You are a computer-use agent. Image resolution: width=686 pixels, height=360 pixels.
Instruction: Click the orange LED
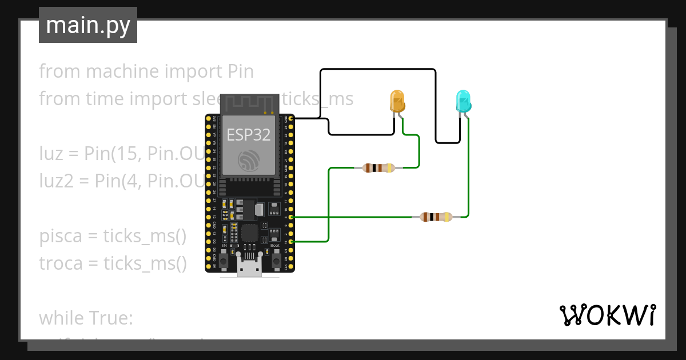(397, 101)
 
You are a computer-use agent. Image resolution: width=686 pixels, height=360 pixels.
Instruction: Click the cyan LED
(463, 101)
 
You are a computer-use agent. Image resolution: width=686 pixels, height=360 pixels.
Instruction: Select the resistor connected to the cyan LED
(436, 217)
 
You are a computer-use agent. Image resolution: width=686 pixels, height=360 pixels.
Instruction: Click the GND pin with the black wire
(292, 118)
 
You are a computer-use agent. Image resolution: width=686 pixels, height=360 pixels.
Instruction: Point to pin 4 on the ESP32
(292, 217)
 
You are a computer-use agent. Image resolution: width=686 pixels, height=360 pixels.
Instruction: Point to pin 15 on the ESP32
(292, 242)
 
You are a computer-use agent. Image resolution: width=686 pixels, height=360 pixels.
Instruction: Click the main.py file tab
(88, 25)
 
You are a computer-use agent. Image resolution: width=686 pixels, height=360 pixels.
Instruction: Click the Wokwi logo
(607, 315)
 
